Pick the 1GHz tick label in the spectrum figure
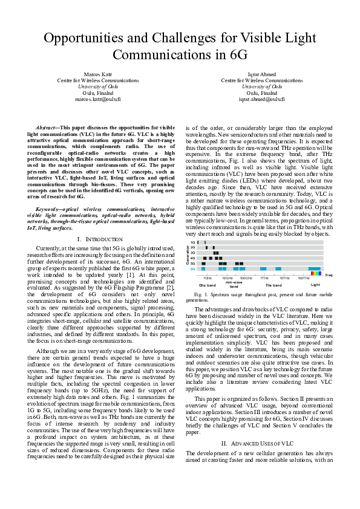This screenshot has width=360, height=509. click(207, 277)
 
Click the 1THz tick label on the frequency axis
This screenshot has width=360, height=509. click(264, 277)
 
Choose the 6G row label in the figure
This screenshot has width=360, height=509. click(192, 268)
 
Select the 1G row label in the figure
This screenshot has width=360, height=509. click(192, 242)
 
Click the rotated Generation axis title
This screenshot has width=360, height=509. click(187, 255)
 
